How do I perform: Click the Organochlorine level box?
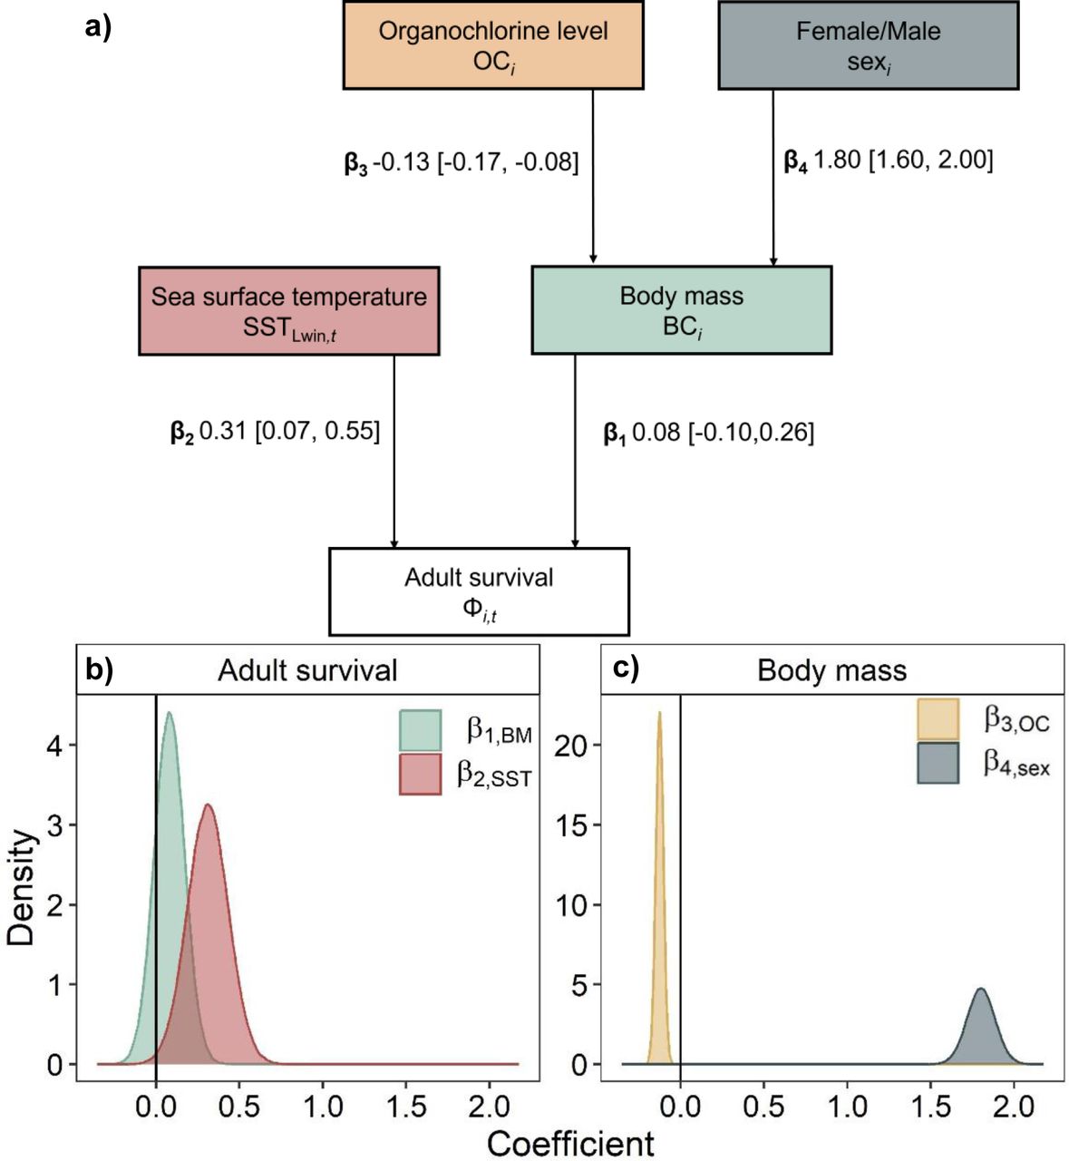click(x=493, y=44)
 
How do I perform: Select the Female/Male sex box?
click(x=868, y=44)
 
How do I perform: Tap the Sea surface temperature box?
click(x=288, y=310)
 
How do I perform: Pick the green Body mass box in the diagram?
click(x=681, y=310)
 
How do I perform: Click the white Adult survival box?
click(x=479, y=590)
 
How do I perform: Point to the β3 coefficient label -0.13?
click(x=461, y=163)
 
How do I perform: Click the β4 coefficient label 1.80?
click(x=888, y=161)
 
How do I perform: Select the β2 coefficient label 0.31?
click(x=275, y=432)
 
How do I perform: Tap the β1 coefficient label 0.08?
click(x=708, y=433)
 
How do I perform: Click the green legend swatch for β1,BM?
click(x=421, y=731)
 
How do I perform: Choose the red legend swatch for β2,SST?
click(x=421, y=775)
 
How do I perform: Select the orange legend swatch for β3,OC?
click(x=938, y=719)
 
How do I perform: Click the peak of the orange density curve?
click(x=659, y=713)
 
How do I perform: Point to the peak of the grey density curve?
click(x=980, y=990)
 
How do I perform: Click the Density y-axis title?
click(x=21, y=887)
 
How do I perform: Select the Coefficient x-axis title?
click(x=570, y=1143)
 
